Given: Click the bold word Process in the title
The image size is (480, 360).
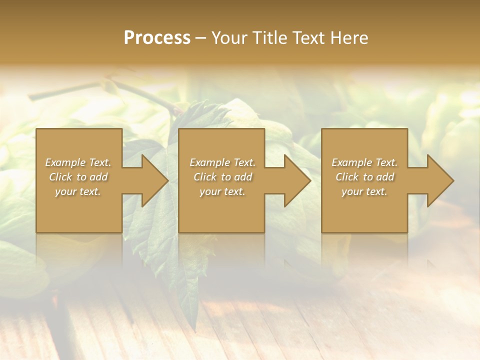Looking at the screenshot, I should (157, 38).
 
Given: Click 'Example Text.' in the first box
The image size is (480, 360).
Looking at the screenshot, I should (78, 162).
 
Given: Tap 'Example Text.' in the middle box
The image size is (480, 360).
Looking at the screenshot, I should (222, 162).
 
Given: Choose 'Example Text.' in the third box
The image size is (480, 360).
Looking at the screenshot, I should (364, 162).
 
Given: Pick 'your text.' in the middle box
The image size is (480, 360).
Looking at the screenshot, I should (222, 191).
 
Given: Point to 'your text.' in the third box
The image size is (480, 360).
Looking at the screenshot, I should (364, 191).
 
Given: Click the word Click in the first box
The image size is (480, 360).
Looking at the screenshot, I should (60, 177).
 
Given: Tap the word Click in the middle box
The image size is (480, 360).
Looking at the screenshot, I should (205, 177).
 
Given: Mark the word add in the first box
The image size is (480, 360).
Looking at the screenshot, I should (98, 177).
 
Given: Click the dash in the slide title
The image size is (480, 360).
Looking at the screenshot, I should (201, 38).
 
